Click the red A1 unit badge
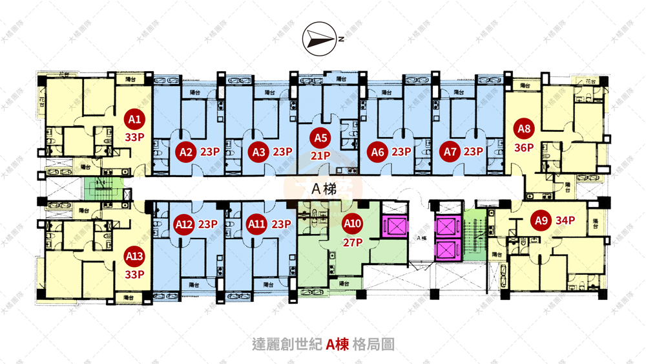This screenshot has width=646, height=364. tap(134, 120)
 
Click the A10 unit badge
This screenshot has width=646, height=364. tap(353, 224)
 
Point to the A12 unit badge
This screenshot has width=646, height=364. tap(185, 224)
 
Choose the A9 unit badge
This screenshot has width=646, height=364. tap(541, 220)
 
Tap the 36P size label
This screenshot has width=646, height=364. tap(524, 147)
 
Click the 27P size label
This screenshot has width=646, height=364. tap(353, 243)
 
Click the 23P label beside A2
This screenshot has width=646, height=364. tap(210, 153)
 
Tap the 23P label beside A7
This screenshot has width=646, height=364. tap(474, 153)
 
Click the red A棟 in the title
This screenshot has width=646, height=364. tap(337, 344)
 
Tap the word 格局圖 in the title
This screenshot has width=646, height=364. tap(374, 344)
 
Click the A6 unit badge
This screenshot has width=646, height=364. tap(379, 153)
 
